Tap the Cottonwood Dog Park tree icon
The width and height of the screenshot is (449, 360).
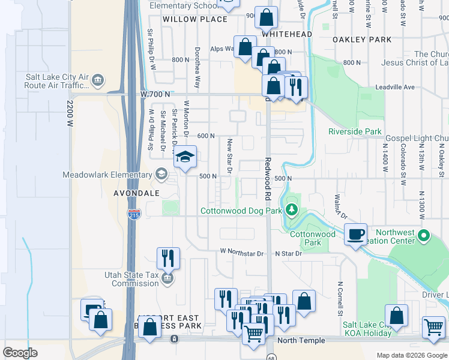pyautogui.click(x=292, y=210)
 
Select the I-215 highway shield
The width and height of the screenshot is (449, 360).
pyautogui.click(x=133, y=214)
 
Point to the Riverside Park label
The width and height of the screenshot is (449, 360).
pyautogui.click(x=355, y=131)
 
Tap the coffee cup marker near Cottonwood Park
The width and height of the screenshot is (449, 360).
pyautogui.click(x=356, y=234)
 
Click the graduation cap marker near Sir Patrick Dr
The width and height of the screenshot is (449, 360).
pyautogui.click(x=185, y=158)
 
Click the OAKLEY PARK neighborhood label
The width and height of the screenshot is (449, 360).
pyautogui.click(x=361, y=40)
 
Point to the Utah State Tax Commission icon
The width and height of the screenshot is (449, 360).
pyautogui.click(x=167, y=278)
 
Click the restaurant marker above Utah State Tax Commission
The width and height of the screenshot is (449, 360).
pyautogui.click(x=169, y=258)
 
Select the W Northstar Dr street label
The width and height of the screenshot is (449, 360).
pyautogui.click(x=242, y=253)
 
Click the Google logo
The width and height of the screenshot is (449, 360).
pyautogui.click(x=20, y=353)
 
